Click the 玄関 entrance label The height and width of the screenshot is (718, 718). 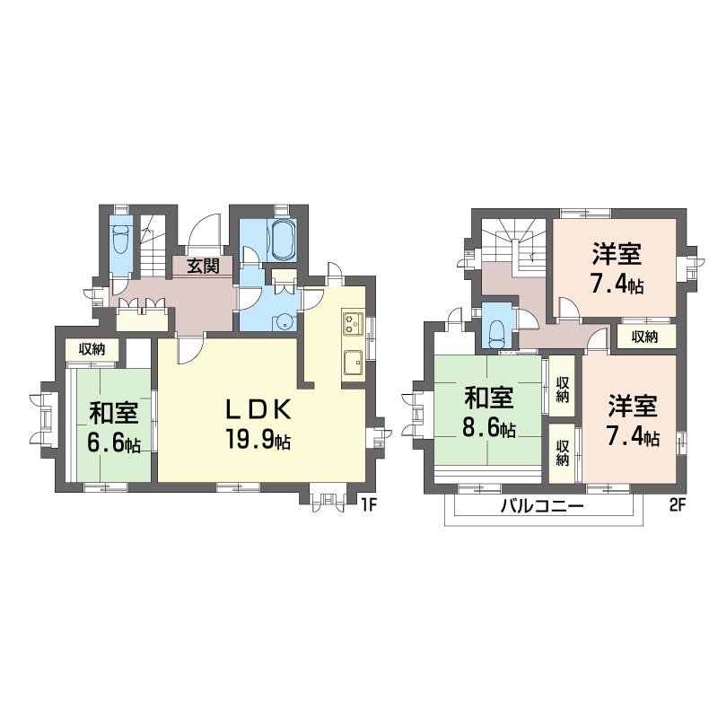click(203, 266)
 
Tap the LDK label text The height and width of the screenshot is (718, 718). click(258, 409)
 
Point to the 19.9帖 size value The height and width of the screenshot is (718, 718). click(258, 440)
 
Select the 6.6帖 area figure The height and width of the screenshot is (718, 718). click(114, 442)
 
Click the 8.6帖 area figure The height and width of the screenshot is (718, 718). click(489, 429)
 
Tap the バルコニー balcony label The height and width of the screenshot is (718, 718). click(542, 506)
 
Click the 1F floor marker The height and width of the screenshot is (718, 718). click(369, 504)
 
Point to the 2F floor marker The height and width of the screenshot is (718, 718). click(678, 504)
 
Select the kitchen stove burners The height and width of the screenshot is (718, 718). click(353, 323)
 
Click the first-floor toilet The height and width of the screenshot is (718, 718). click(121, 239)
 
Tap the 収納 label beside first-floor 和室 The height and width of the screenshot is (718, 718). click(92, 349)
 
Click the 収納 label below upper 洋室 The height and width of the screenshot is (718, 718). click(644, 337)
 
